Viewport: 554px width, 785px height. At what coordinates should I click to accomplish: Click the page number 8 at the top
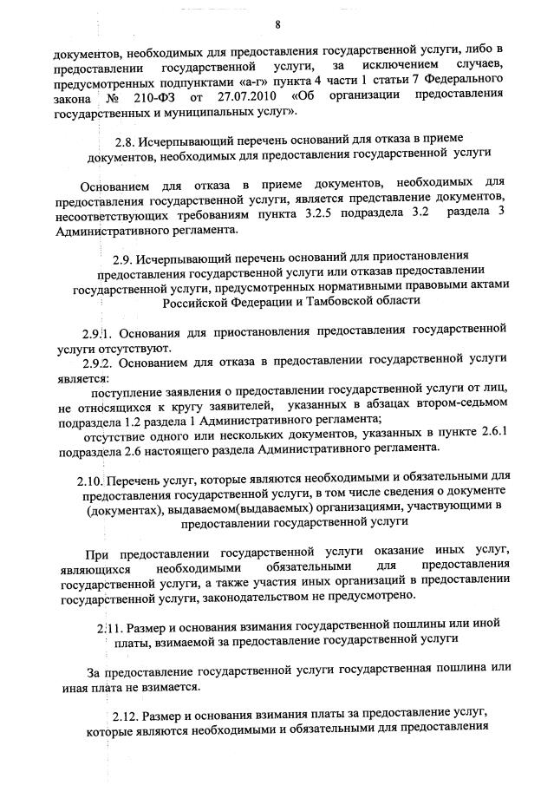[x=277, y=23]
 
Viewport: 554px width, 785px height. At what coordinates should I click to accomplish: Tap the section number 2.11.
[x=108, y=627]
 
